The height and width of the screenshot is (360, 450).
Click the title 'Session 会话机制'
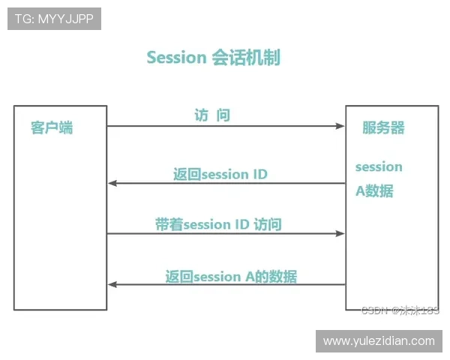(214, 58)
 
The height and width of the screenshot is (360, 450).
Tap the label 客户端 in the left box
(52, 127)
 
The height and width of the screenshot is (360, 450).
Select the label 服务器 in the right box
(383, 127)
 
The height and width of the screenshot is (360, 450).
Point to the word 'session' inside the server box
(379, 166)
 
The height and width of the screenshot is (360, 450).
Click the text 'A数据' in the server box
(374, 191)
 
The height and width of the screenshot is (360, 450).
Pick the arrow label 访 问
(212, 115)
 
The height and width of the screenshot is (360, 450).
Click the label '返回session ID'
(220, 174)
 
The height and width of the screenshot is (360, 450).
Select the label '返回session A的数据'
(231, 277)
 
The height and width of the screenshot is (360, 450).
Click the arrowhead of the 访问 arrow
(340, 126)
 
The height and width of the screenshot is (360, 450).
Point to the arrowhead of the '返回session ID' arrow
(112, 183)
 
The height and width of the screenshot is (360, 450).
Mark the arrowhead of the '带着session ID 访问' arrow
(340, 234)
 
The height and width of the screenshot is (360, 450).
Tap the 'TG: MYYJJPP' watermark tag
(54, 19)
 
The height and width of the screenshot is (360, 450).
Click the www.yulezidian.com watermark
(379, 341)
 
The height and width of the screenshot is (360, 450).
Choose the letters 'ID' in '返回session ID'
(259, 174)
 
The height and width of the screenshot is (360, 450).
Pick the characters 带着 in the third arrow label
(169, 224)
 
